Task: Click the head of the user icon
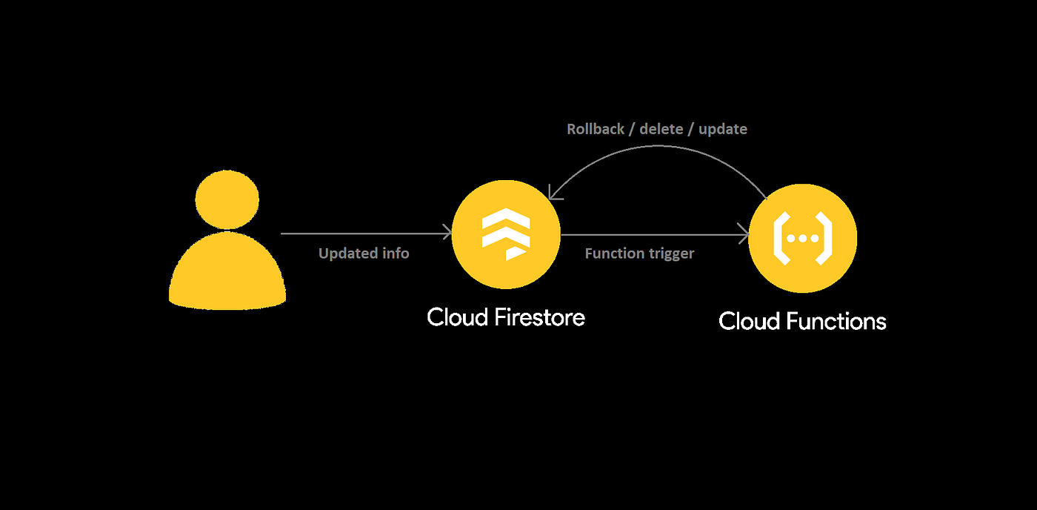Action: pos(227,198)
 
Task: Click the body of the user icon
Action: pos(227,272)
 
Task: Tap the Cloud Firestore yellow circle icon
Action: pos(506,235)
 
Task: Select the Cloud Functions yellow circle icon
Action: pos(802,238)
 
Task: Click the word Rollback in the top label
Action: pos(595,129)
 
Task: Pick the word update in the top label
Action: pos(723,129)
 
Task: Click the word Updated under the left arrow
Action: pos(347,254)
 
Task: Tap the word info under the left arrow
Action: pos(395,254)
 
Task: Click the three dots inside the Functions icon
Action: pos(802,239)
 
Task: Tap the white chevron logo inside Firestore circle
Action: pos(506,234)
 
